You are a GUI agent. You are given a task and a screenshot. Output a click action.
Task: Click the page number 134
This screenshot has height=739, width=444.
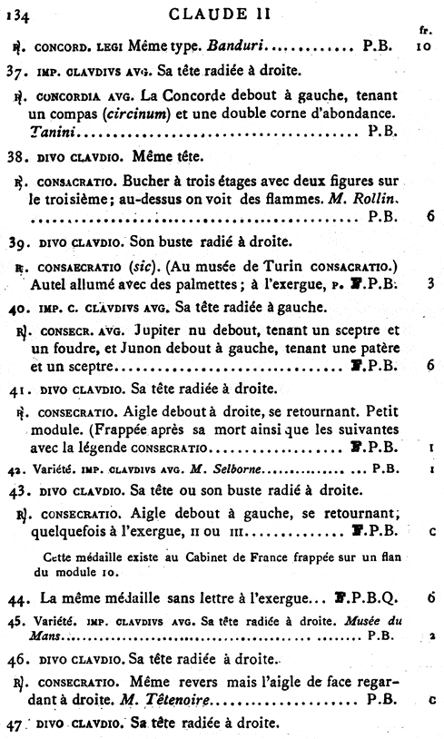[18, 13]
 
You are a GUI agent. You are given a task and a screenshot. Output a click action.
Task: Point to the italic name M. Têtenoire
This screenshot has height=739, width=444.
[178, 700]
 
